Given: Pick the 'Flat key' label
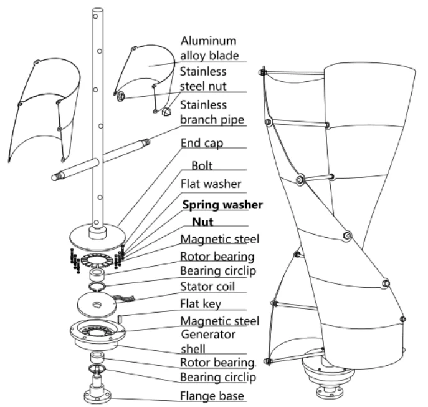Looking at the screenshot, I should pyautogui.click(x=202, y=305).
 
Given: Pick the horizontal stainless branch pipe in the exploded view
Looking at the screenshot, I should pyautogui.click(x=100, y=159).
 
